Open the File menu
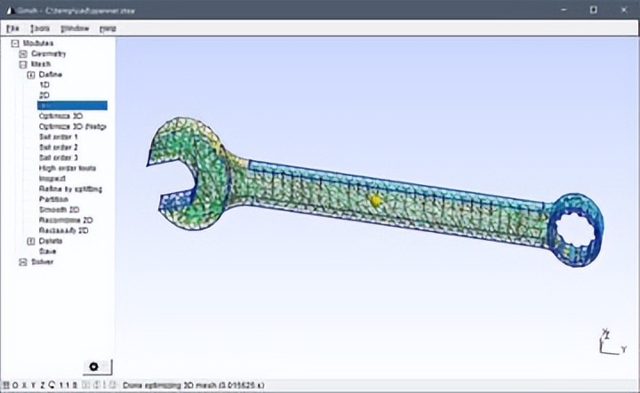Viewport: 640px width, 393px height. coord(12,28)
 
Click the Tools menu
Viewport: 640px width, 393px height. coord(39,28)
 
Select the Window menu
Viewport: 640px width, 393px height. coord(75,28)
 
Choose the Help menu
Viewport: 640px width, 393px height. coord(108,28)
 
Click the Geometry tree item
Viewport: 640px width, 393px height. coord(49,53)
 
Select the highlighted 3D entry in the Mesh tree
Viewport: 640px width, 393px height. coord(71,105)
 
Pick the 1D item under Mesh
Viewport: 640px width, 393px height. coord(44,84)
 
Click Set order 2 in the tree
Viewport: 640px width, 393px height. coord(59,147)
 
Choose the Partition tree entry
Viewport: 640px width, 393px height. coord(54,199)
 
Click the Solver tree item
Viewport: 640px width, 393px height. coord(43,261)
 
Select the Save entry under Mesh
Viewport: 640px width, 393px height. coord(47,251)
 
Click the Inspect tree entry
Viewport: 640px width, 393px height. coord(52,178)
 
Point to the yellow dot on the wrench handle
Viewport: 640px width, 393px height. coord(375,201)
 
